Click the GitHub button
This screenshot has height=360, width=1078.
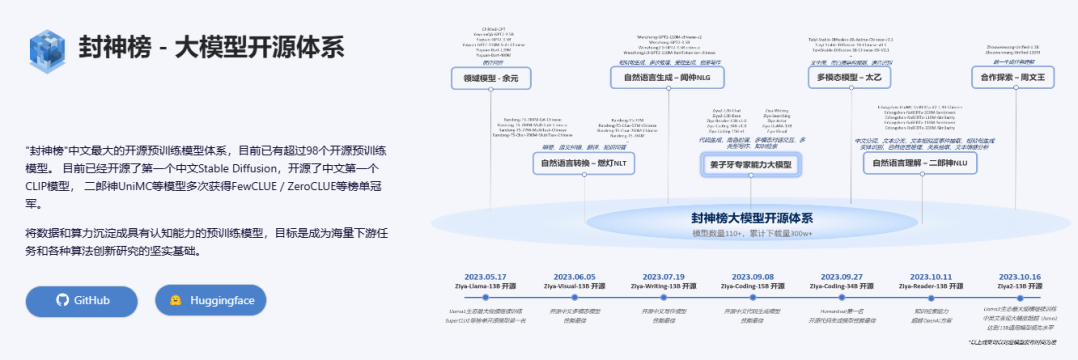tap(82, 300)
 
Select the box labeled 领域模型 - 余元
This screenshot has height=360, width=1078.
tap(491, 78)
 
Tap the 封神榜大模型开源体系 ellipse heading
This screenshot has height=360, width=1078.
tap(752, 217)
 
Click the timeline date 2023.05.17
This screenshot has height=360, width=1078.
tap(487, 275)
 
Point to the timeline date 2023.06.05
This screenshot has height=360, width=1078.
tap(572, 275)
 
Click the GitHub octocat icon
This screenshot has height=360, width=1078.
tap(62, 300)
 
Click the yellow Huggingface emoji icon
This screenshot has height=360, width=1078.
tap(176, 300)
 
